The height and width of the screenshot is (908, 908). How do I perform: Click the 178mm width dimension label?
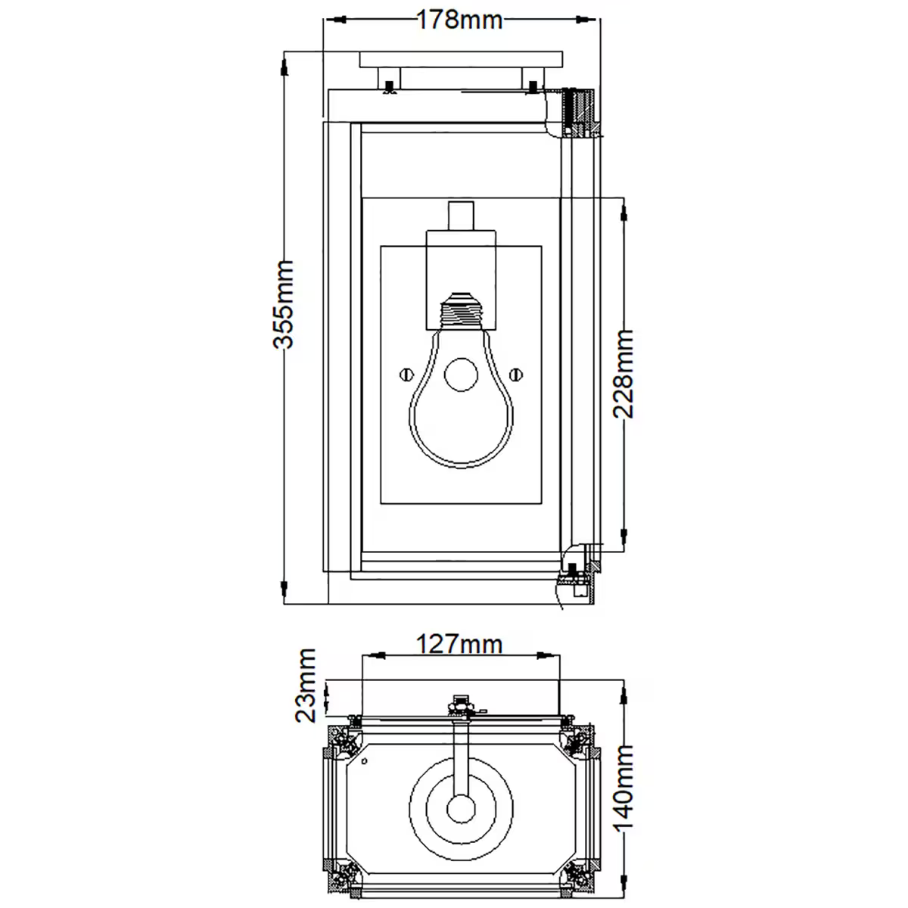(x=459, y=19)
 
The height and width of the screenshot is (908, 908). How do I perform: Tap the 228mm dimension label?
(x=623, y=373)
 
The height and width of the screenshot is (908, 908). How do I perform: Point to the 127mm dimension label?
(x=459, y=644)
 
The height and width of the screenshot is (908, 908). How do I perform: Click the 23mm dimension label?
(x=306, y=686)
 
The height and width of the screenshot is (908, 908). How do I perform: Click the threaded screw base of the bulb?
(x=461, y=310)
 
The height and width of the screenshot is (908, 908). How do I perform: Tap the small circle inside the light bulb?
(x=461, y=375)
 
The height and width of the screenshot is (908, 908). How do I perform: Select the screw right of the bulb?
(x=517, y=373)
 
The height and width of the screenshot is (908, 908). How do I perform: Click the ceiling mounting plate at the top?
(x=461, y=59)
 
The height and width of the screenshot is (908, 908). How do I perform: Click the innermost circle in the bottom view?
(x=460, y=808)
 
